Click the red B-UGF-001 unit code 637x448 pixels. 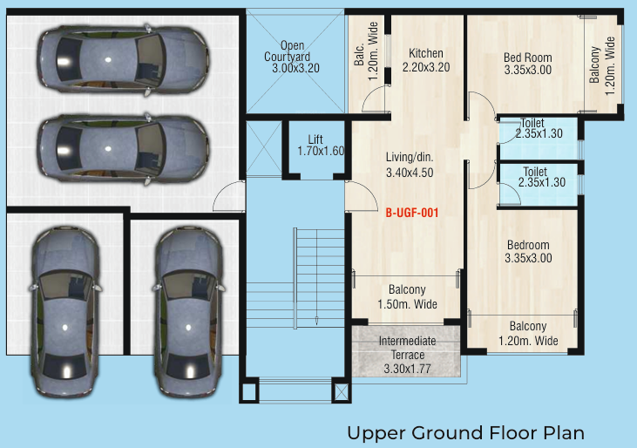[411, 212]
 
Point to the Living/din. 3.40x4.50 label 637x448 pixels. [410, 165]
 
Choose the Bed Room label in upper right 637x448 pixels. [527, 64]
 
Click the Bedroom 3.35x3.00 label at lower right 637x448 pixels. [527, 252]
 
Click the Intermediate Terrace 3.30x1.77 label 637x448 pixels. [407, 355]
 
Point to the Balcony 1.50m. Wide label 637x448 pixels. [407, 297]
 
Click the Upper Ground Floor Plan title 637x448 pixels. [465, 431]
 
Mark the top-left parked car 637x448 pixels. [123, 58]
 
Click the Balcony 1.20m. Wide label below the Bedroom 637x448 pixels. [528, 334]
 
